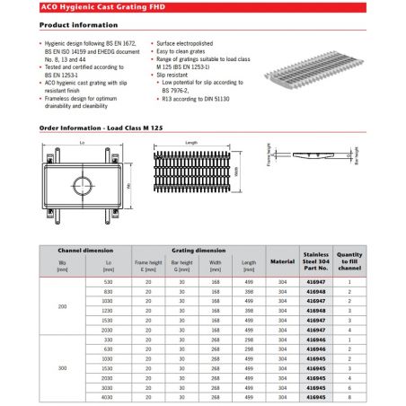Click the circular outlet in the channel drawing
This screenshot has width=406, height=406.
click(81, 187)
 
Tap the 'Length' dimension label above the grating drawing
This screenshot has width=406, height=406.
click(191, 143)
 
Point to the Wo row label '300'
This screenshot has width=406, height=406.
click(62, 368)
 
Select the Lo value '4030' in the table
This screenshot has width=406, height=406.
click(108, 397)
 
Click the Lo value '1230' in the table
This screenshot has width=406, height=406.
click(108, 310)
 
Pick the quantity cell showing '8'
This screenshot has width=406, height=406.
click(349, 397)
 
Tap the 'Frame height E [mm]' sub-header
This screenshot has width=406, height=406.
click(148, 265)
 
